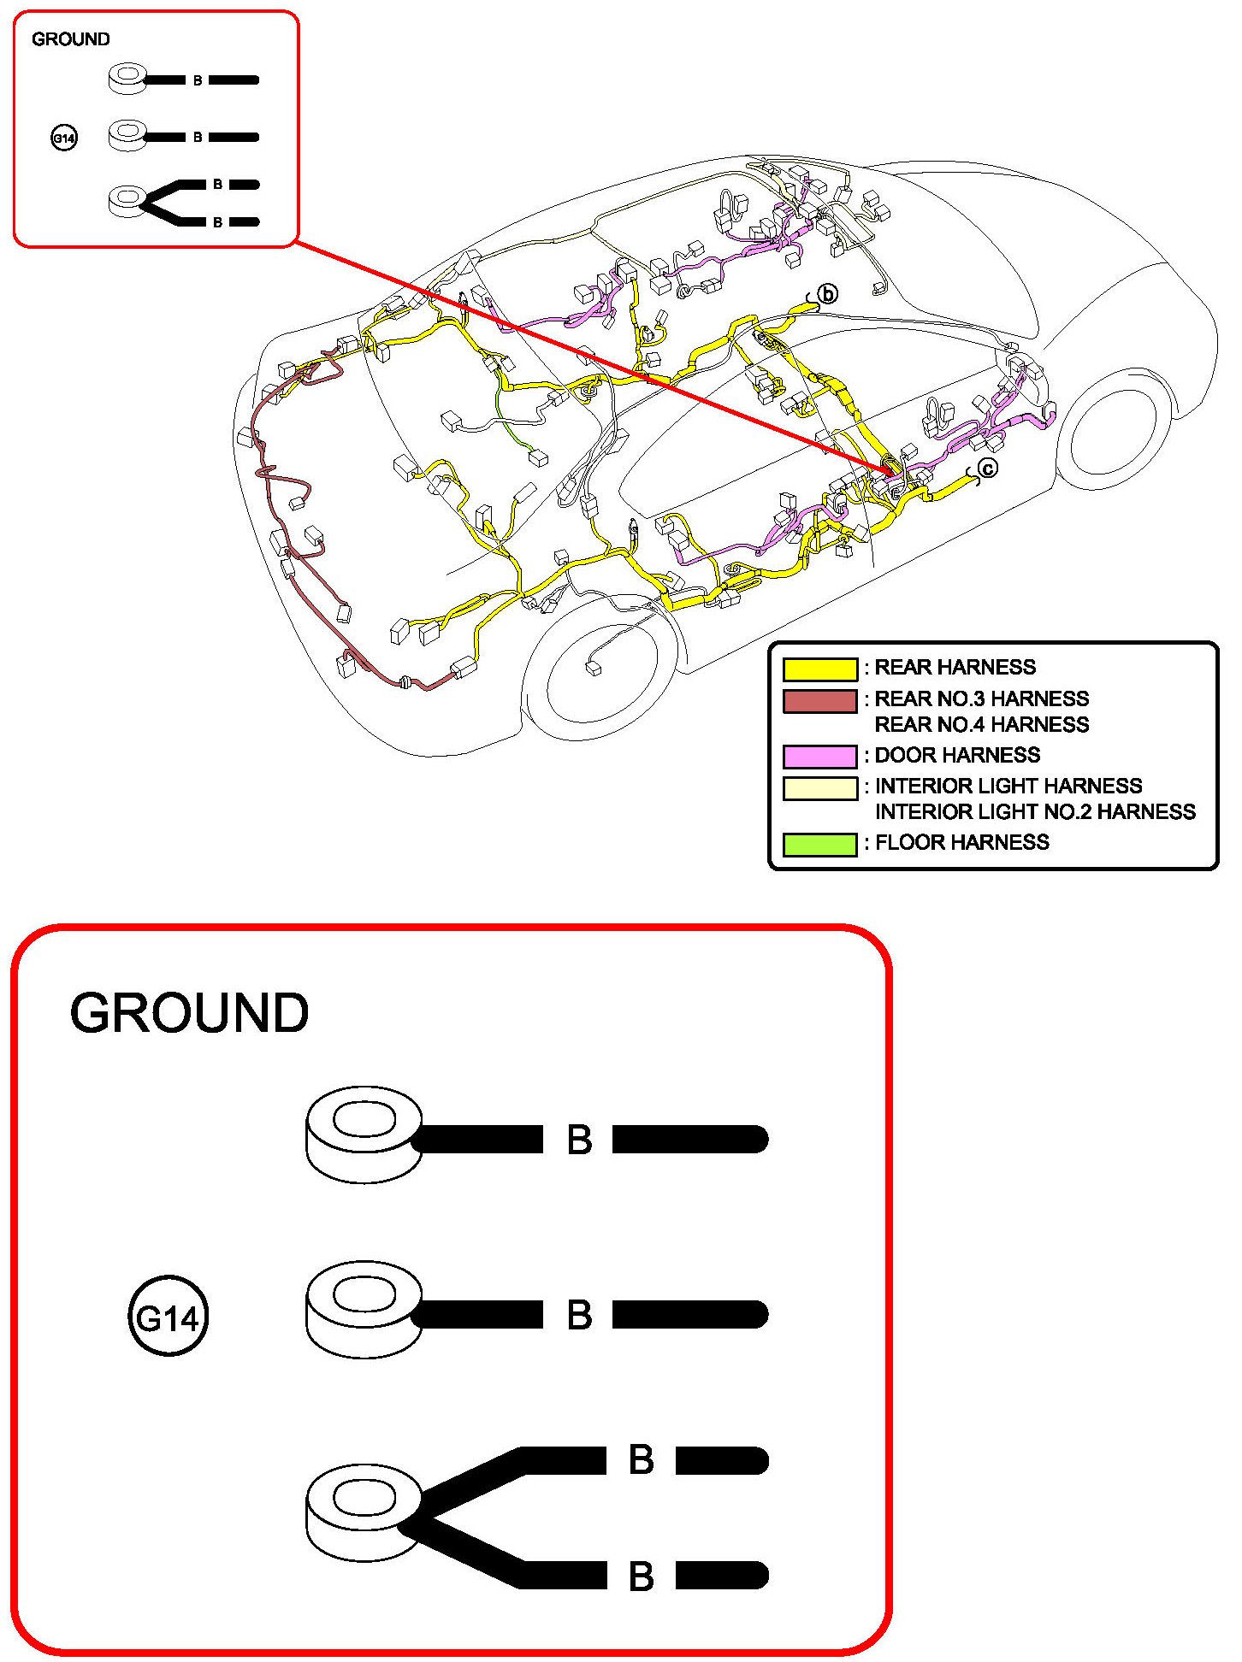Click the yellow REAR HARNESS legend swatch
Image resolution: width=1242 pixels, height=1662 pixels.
pyautogui.click(x=819, y=669)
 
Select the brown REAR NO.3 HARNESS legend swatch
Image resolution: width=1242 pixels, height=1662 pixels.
pyautogui.click(x=819, y=700)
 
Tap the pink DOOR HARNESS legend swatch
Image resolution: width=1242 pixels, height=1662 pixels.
pyautogui.click(x=819, y=756)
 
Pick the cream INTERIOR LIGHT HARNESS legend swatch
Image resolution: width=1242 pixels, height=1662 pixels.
pyautogui.click(x=819, y=787)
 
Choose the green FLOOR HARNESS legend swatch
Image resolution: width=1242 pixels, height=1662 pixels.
pyautogui.click(x=819, y=844)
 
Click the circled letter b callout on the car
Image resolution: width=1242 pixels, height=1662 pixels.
pyautogui.click(x=827, y=294)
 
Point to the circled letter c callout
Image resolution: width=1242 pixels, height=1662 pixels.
pyautogui.click(x=987, y=469)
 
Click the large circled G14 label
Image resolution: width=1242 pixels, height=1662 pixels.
pyautogui.click(x=168, y=1317)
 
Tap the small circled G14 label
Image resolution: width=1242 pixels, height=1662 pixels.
pyautogui.click(x=64, y=138)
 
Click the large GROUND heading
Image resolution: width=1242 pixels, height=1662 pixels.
pyautogui.click(x=189, y=1013)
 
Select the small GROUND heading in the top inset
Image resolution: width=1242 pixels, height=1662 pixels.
pyautogui.click(x=70, y=39)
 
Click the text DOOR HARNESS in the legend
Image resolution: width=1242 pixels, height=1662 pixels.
pyautogui.click(x=957, y=755)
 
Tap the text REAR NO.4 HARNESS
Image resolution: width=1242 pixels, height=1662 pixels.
pyautogui.click(x=981, y=725)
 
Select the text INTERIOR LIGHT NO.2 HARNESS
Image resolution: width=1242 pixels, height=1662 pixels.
pyautogui.click(x=1035, y=811)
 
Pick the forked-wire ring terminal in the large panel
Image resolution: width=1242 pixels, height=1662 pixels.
pyautogui.click(x=364, y=1513)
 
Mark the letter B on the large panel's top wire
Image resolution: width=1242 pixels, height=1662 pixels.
pyautogui.click(x=579, y=1140)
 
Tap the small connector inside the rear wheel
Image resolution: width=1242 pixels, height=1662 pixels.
pyautogui.click(x=593, y=669)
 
